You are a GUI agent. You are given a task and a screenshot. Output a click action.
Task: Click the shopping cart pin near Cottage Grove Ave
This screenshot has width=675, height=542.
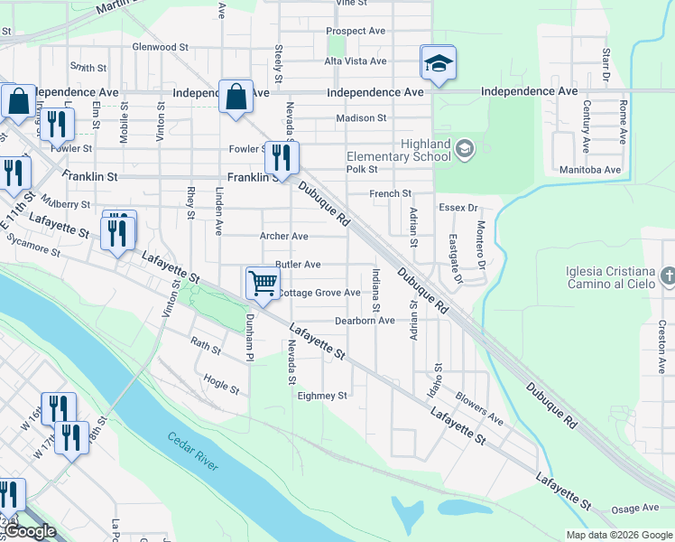click(x=263, y=282)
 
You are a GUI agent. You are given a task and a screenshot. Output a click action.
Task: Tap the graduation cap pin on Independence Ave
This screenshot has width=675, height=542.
click(x=439, y=63)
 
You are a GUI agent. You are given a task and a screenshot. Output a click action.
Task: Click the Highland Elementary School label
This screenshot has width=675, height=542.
click(x=399, y=150)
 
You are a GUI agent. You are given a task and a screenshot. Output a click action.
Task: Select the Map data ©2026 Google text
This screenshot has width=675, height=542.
click(x=618, y=535)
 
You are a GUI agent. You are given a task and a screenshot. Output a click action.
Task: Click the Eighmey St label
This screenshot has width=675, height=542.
click(x=322, y=396)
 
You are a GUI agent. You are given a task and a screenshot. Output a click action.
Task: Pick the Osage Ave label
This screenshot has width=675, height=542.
click(x=636, y=510)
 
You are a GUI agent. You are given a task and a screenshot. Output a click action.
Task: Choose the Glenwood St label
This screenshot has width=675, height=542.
click(x=160, y=46)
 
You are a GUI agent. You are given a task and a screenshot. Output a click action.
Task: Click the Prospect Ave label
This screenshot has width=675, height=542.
click(x=356, y=31)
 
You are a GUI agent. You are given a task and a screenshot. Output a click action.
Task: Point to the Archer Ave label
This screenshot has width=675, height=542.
click(x=284, y=237)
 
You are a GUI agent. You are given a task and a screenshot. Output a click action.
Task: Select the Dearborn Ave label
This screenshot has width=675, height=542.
click(x=365, y=321)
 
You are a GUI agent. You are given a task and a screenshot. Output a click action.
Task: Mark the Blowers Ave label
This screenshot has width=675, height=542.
click(x=478, y=407)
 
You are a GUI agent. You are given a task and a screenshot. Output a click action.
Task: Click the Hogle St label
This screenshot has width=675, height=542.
click(x=222, y=386)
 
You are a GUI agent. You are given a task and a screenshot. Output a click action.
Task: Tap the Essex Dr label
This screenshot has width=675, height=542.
click(x=458, y=208)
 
